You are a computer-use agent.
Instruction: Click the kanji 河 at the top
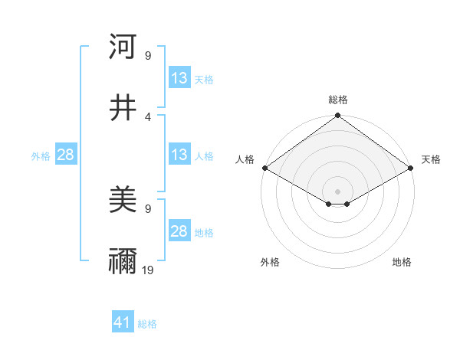point(123,47)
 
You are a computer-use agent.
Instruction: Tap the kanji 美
point(123,201)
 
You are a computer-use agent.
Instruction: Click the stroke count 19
point(148,270)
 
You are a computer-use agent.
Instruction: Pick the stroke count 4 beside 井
point(148,116)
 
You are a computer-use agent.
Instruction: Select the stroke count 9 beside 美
point(148,208)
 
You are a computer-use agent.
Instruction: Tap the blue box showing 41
point(123,323)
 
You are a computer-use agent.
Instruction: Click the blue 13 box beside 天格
point(179,78)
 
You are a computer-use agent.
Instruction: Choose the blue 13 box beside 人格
point(179,155)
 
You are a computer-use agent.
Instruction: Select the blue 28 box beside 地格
point(179,231)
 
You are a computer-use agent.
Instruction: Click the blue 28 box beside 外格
point(66,155)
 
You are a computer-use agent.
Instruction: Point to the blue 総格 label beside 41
point(147,324)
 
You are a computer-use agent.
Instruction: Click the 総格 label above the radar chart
point(337,100)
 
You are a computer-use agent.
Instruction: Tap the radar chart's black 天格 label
point(431,159)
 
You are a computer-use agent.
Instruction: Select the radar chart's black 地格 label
point(402,262)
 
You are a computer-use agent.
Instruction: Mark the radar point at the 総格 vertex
point(337,116)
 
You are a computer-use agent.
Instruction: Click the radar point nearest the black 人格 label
point(264,168)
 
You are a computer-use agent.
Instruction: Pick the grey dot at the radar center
point(337,191)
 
